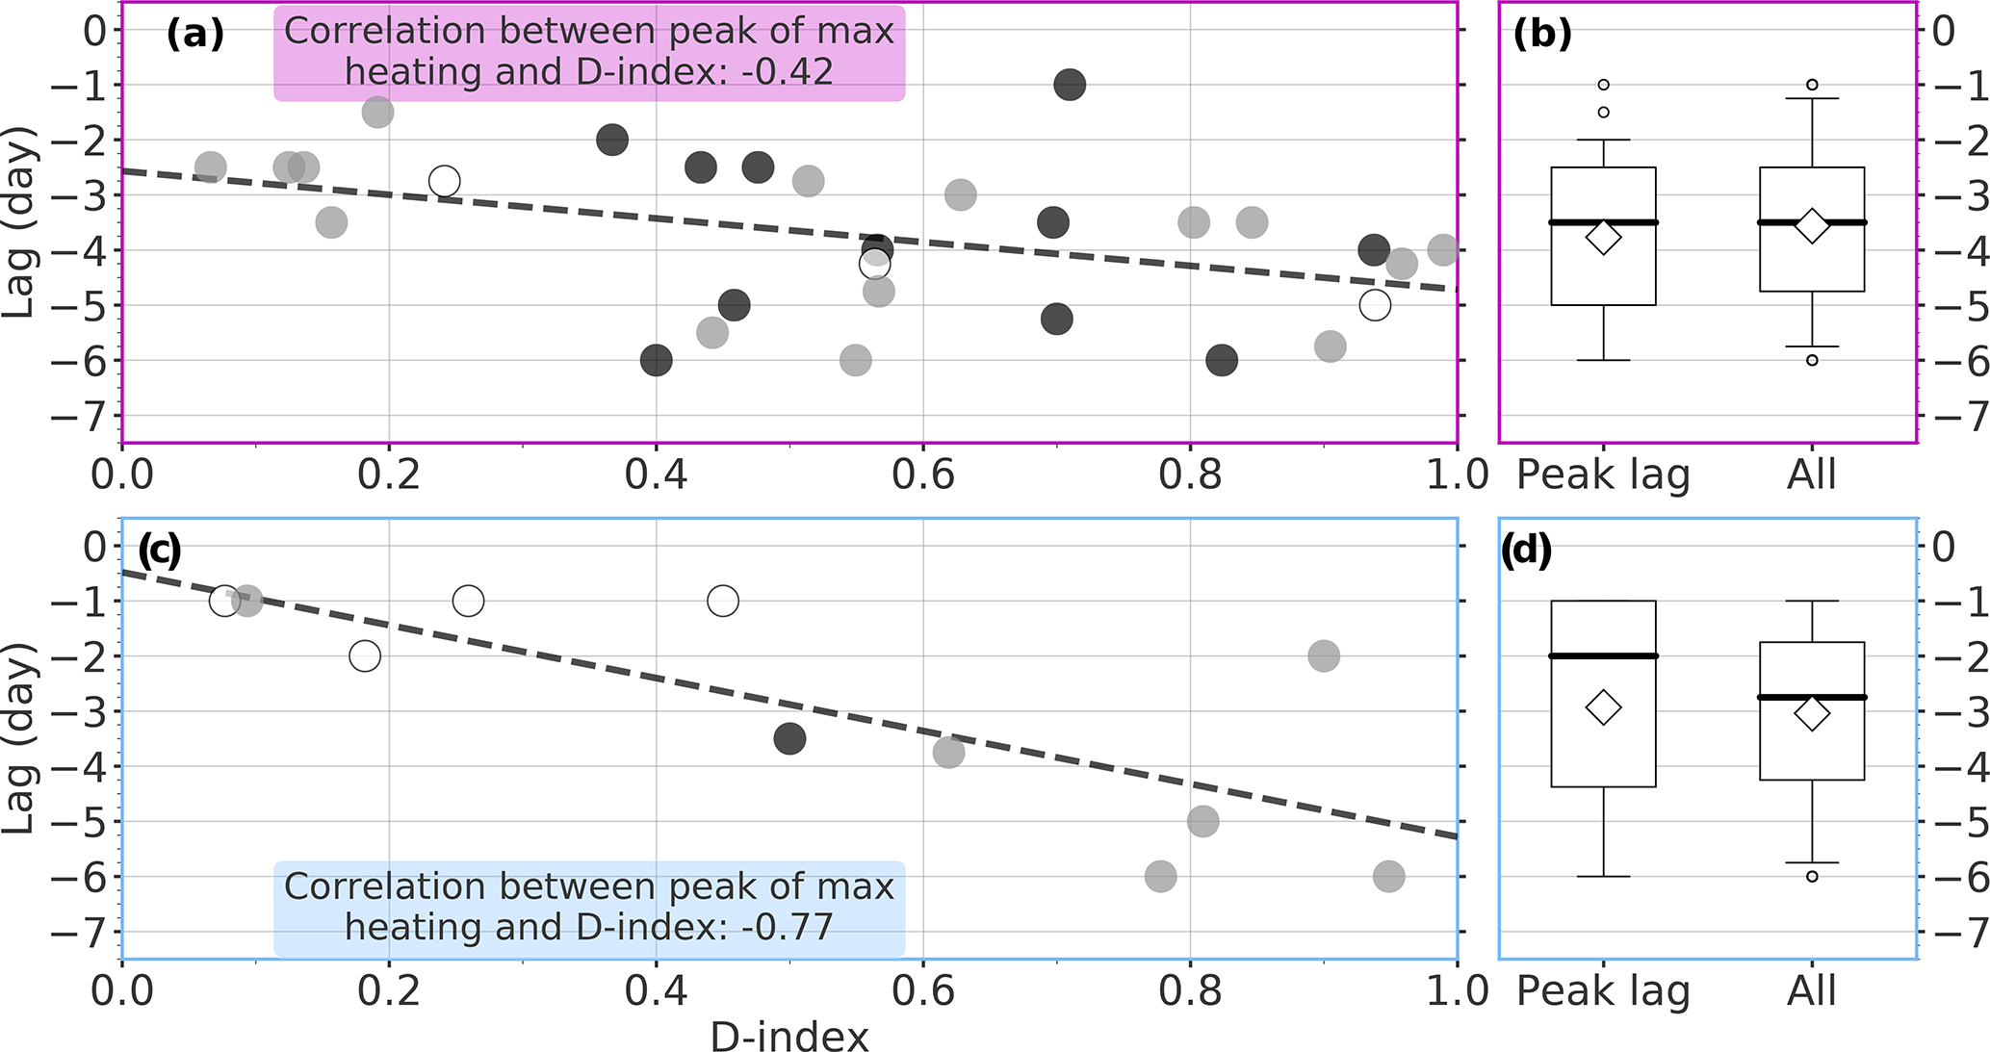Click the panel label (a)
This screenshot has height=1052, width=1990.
click(195, 34)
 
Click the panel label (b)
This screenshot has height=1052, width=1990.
click(1542, 34)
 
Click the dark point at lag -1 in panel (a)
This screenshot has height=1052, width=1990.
click(1070, 85)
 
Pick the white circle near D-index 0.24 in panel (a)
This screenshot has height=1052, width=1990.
click(444, 181)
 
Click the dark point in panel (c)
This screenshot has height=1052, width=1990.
click(789, 739)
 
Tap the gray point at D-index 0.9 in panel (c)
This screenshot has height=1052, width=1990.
click(1324, 656)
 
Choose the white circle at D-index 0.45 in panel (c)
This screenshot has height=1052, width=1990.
click(723, 602)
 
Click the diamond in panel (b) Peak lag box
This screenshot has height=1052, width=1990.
click(1603, 238)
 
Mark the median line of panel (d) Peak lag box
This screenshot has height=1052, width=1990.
click(1603, 655)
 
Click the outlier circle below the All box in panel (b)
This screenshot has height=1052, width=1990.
click(1812, 360)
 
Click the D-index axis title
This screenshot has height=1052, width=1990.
click(789, 1037)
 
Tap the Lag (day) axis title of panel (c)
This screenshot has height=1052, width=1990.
click(19, 738)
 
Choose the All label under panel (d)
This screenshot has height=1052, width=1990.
click(1812, 991)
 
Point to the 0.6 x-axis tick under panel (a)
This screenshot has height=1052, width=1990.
click(923, 475)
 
